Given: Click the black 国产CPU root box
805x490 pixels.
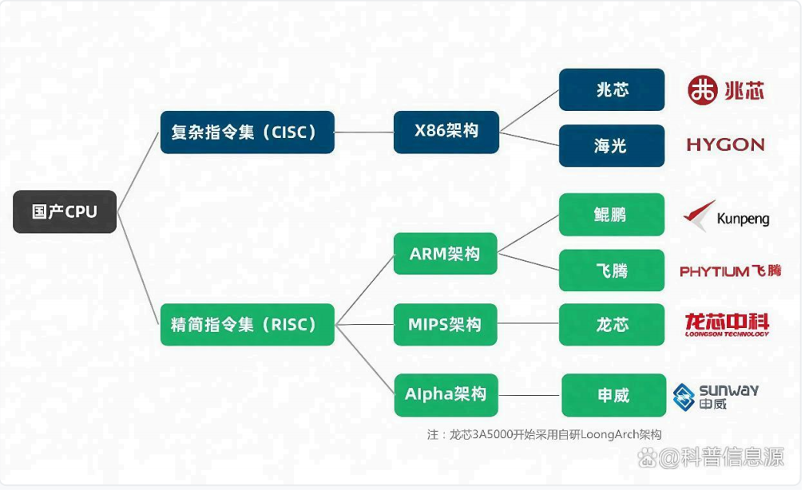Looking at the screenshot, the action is pyautogui.click(x=65, y=211).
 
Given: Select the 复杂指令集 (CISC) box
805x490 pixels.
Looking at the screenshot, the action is pyautogui.click(x=247, y=132).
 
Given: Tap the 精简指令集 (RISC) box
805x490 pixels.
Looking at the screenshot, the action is pyautogui.click(x=247, y=324).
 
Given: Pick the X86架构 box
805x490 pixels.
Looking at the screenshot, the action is pyautogui.click(x=446, y=132).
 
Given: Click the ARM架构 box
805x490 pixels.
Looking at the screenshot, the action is pyautogui.click(x=446, y=254).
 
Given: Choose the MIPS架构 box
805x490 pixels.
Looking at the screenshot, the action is pyautogui.click(x=446, y=324).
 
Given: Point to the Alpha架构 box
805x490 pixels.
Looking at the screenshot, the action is pyautogui.click(x=446, y=394).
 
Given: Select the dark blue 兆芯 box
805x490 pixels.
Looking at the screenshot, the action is pyautogui.click(x=611, y=89).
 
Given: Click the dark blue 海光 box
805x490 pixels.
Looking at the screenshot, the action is pyautogui.click(x=611, y=145).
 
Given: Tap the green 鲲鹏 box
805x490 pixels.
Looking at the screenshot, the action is pyautogui.click(x=611, y=214).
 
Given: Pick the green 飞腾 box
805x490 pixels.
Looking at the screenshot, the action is pyautogui.click(x=611, y=270).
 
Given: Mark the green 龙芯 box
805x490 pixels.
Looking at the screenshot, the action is pyautogui.click(x=611, y=324).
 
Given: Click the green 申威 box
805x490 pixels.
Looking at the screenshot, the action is pyautogui.click(x=613, y=395).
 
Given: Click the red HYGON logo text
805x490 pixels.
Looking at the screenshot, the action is pyautogui.click(x=725, y=145).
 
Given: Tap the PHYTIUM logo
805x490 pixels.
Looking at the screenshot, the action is pyautogui.click(x=729, y=271).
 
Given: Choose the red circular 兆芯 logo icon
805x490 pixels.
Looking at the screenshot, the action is pyautogui.click(x=703, y=90).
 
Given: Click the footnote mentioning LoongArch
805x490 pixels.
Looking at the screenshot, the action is pyautogui.click(x=544, y=434).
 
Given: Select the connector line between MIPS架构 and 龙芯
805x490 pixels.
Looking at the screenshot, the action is pyautogui.click(x=528, y=324).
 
